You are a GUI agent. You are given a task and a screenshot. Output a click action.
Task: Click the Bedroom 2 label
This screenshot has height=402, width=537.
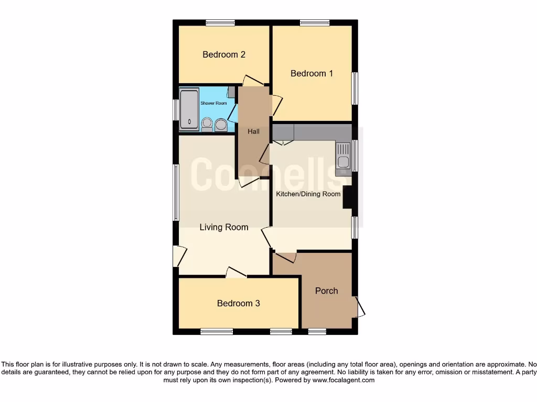click(224, 54)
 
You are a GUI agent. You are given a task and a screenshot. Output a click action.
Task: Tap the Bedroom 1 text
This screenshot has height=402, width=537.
click(312, 73)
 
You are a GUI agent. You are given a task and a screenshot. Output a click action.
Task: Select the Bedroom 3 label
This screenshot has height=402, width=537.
click(238, 303)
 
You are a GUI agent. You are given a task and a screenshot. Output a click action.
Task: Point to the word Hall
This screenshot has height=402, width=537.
click(254, 131)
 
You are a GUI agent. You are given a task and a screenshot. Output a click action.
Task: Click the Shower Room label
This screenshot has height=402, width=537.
click(213, 103)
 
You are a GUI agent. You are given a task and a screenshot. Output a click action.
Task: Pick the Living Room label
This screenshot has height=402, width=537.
click(224, 227)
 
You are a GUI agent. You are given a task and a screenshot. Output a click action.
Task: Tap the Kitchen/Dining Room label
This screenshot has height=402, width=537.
click(308, 194)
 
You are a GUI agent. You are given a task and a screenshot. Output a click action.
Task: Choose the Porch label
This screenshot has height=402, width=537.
click(326, 291)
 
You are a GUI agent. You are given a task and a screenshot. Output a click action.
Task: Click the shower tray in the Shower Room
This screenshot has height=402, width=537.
click(188, 109)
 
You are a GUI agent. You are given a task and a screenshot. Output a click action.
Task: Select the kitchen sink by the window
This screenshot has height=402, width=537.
click(342, 155)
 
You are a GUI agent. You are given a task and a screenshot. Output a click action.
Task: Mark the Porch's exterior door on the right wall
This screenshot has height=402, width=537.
click(360, 307)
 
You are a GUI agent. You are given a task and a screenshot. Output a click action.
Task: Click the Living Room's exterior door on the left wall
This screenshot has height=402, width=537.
click(179, 256)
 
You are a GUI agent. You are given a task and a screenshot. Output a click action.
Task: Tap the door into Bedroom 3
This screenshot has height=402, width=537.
click(236, 272)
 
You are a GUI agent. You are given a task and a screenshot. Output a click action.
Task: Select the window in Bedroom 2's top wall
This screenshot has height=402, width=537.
click(220, 23)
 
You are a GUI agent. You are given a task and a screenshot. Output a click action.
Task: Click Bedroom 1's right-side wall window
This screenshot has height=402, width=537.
click(355, 88)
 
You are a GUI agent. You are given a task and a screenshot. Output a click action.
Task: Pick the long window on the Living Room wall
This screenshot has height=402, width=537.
click(176, 192)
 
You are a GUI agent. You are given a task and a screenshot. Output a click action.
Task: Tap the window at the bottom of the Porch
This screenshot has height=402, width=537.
click(316, 331)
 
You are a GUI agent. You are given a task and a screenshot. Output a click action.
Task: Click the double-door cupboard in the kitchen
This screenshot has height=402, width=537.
click(283, 141)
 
